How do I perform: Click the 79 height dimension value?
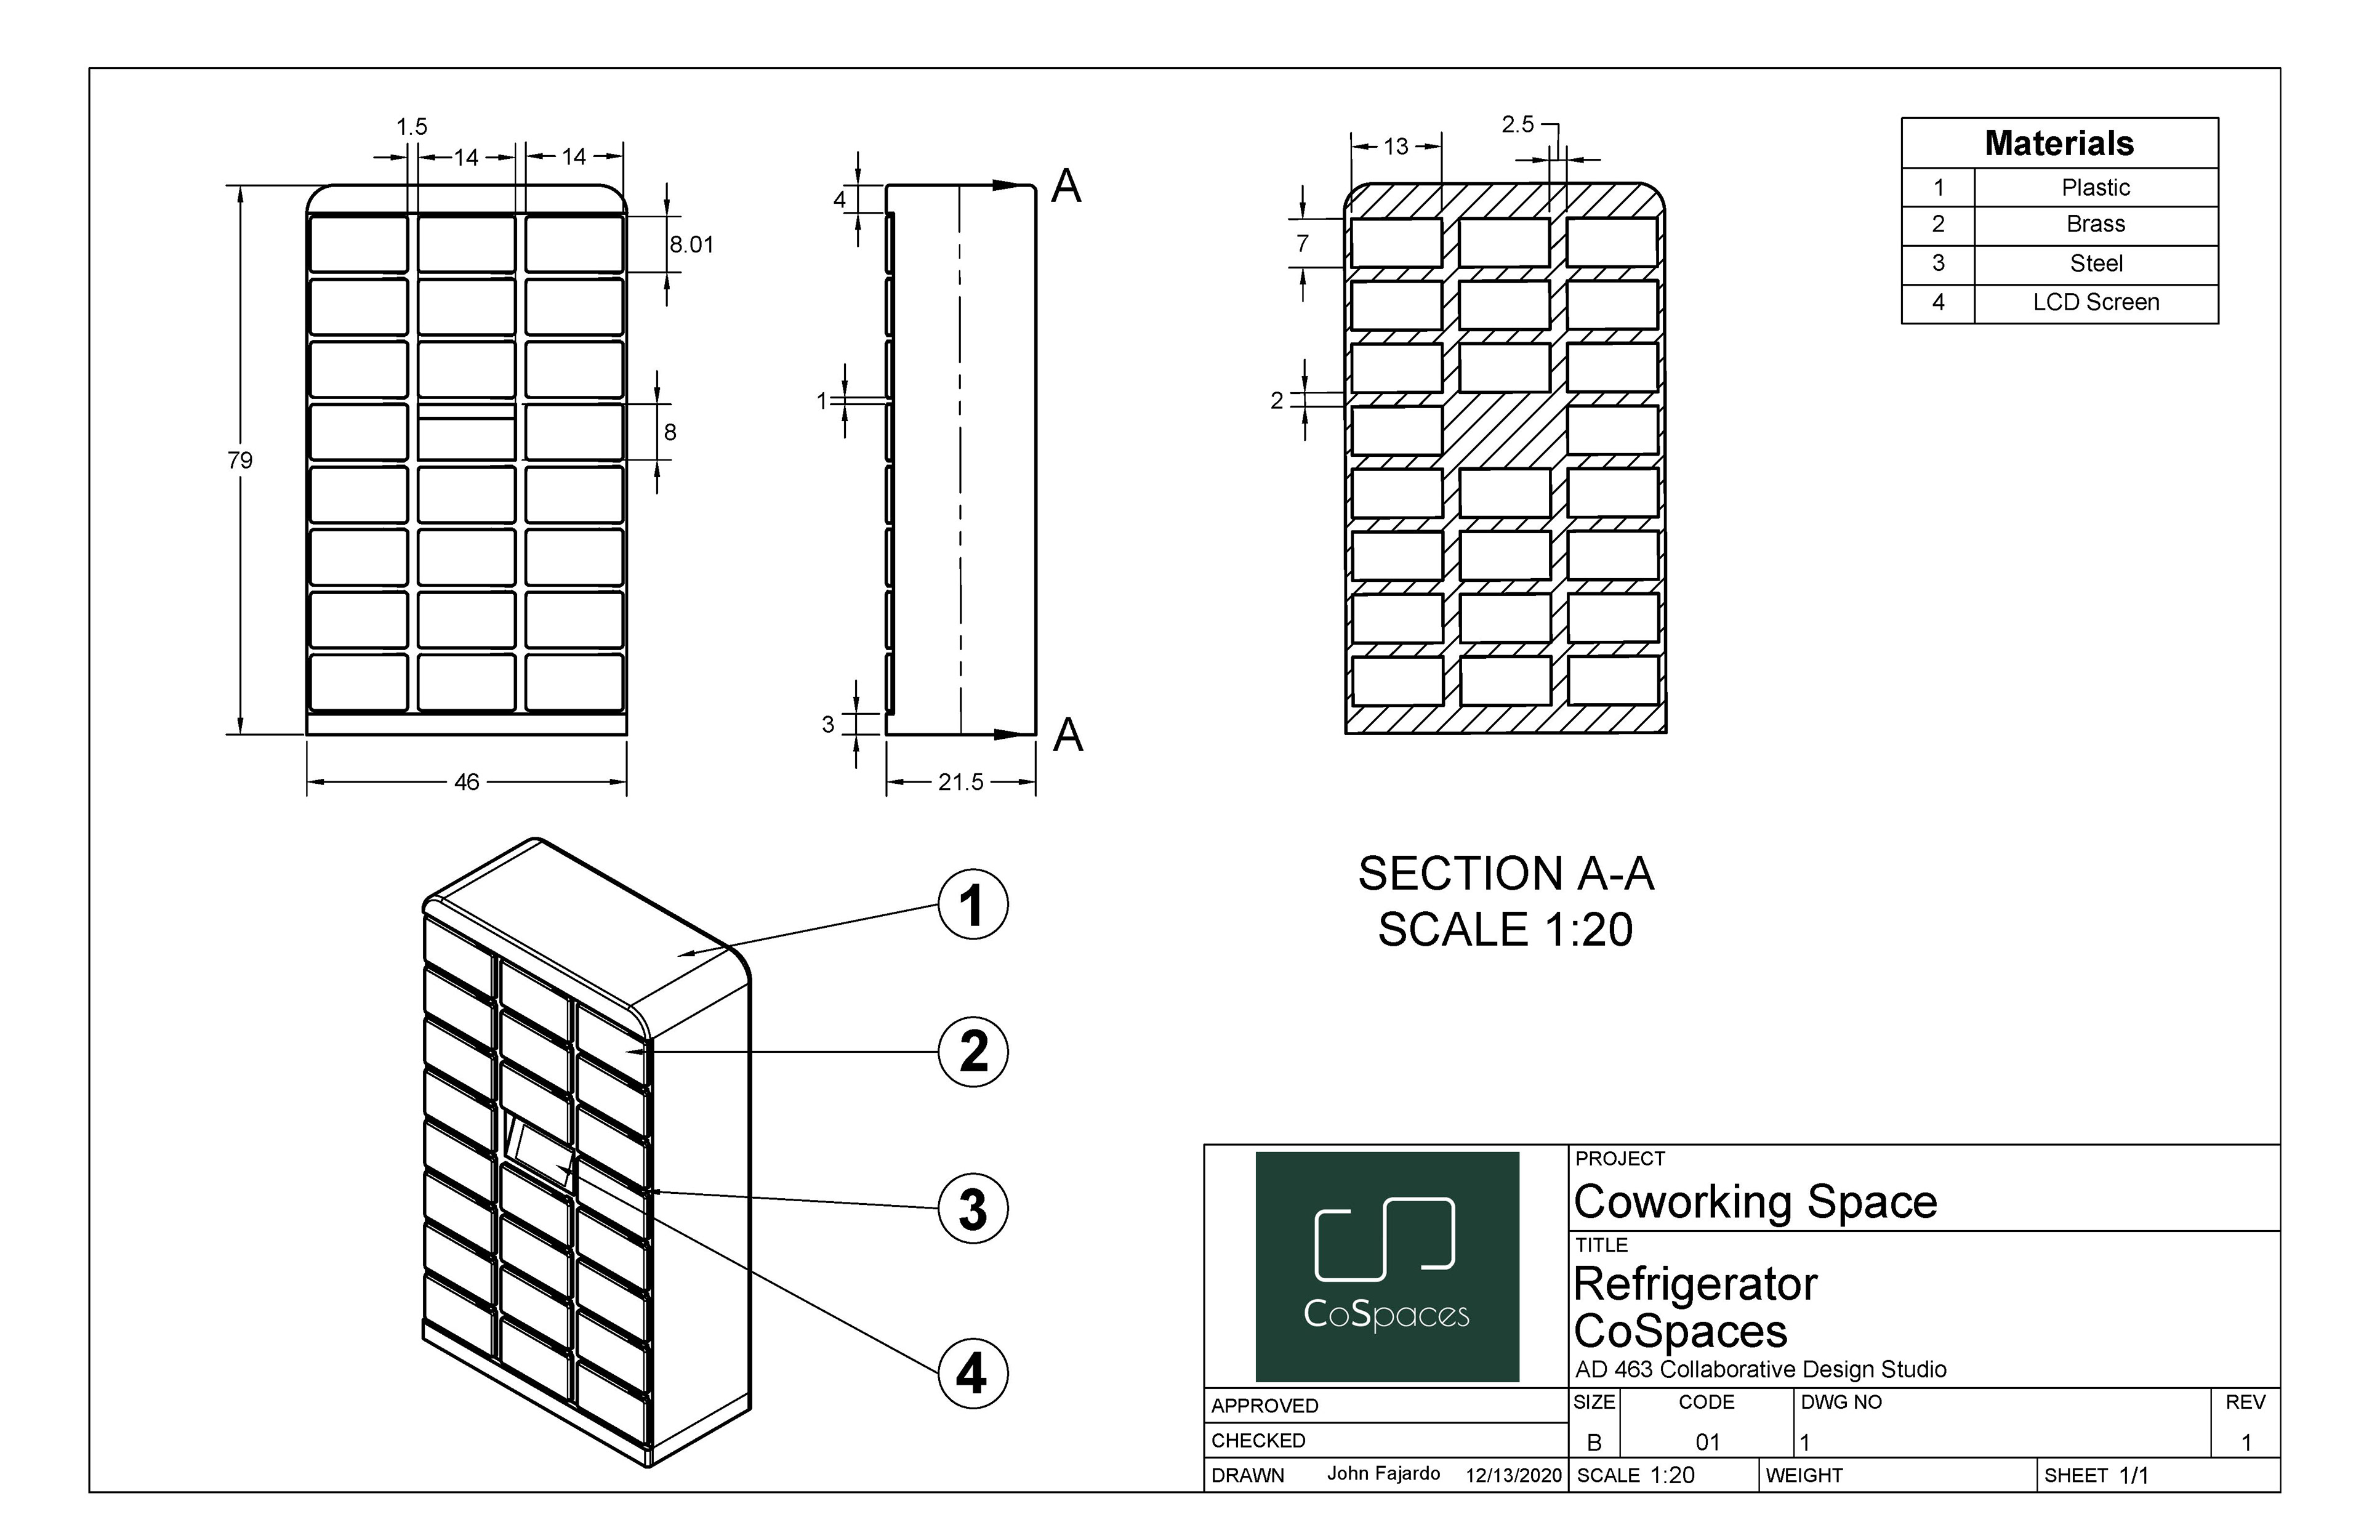[239, 460]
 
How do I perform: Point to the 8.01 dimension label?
[691, 244]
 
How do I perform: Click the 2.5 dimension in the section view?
[1517, 124]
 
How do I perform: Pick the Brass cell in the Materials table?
[2095, 225]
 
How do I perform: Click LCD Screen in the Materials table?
[2095, 303]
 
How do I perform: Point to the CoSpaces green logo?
[1386, 1266]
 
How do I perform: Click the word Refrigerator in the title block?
[1695, 1284]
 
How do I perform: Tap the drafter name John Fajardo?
[1383, 1473]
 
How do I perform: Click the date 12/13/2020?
[1513, 1475]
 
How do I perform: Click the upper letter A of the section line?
[1065, 187]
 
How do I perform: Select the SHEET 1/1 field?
[2096, 1475]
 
